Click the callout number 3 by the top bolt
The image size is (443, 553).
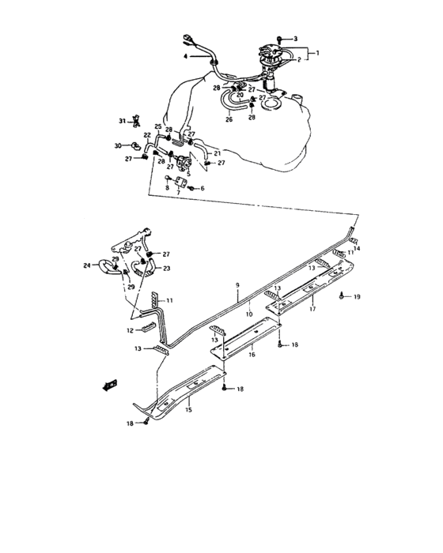click(295, 39)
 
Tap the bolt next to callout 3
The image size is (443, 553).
click(281, 39)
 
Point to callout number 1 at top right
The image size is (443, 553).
click(317, 52)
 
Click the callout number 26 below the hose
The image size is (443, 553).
click(229, 120)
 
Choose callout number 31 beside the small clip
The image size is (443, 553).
click(123, 121)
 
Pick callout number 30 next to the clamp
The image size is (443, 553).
click(118, 146)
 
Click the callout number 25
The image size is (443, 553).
click(158, 126)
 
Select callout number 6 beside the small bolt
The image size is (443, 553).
click(202, 189)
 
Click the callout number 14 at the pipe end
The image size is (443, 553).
click(356, 249)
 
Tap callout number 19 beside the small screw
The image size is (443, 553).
click(357, 296)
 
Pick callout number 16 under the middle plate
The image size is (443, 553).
click(251, 357)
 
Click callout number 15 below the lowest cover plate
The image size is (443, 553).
click(189, 411)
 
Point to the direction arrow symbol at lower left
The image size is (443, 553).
click(109, 386)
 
